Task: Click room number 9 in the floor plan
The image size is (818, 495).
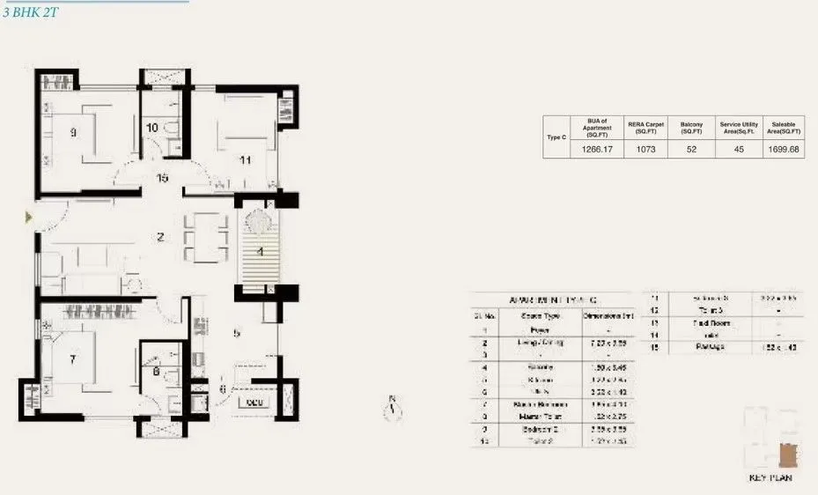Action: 74,134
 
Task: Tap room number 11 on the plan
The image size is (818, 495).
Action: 246,160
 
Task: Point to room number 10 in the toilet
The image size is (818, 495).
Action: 152,128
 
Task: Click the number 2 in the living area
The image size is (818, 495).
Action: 160,236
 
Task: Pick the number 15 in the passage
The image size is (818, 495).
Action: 162,178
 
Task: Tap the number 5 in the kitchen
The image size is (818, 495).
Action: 237,333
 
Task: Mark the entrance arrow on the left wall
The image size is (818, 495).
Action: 28,217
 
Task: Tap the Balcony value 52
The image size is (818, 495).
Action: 691,150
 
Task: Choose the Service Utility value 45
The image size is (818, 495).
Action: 738,150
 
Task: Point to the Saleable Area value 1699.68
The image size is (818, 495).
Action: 783,150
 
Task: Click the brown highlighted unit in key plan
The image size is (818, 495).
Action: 787,454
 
